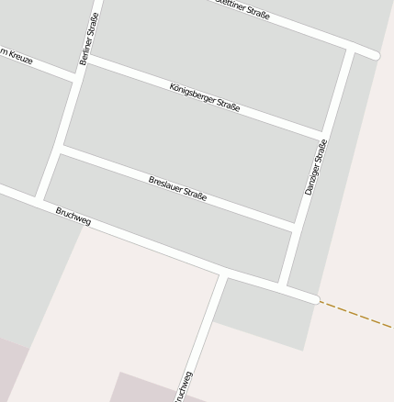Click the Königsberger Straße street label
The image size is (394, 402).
[205, 97]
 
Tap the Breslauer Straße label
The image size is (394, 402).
[177, 187]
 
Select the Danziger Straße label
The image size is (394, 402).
[315, 166]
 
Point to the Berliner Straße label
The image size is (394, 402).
[89, 39]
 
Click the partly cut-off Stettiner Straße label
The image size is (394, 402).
[242, 8]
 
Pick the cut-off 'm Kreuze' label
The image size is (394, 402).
[16, 56]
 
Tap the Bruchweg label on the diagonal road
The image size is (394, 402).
[73, 217]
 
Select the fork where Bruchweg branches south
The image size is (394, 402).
[223, 274]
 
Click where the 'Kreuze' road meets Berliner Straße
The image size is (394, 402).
[75, 77]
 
